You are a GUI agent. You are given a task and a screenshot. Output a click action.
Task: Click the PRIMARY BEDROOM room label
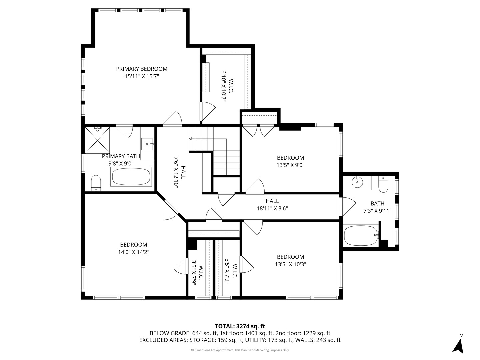[x=142, y=69]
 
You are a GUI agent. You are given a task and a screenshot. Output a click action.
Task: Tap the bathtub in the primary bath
[x=131, y=177]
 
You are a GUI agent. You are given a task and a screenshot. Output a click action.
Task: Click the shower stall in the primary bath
[x=97, y=140]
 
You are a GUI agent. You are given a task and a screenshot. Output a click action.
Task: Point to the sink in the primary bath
[x=147, y=144]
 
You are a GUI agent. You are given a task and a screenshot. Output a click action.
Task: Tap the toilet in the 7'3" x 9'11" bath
[x=383, y=184]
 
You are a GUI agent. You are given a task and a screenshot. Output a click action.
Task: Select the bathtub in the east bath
[x=360, y=235]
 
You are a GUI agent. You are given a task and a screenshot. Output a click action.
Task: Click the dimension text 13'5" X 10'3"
[x=290, y=264]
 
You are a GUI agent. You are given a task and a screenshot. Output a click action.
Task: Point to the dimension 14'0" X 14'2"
[x=133, y=252]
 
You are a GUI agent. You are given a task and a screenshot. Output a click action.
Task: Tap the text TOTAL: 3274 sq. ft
[x=240, y=326]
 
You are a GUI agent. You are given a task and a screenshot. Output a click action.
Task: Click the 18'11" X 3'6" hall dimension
[x=272, y=208]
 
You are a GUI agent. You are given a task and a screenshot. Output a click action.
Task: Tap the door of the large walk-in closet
[x=207, y=111]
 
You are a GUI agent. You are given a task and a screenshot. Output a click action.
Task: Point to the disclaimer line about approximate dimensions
[x=240, y=350]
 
